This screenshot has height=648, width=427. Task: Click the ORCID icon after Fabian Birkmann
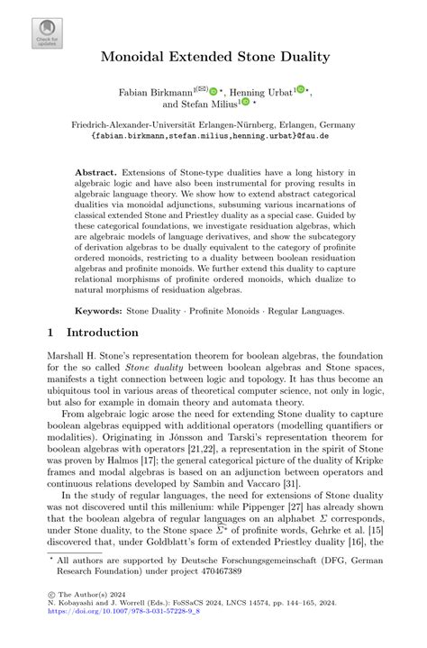pos(214,91)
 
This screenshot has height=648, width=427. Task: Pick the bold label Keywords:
pos(100,310)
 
